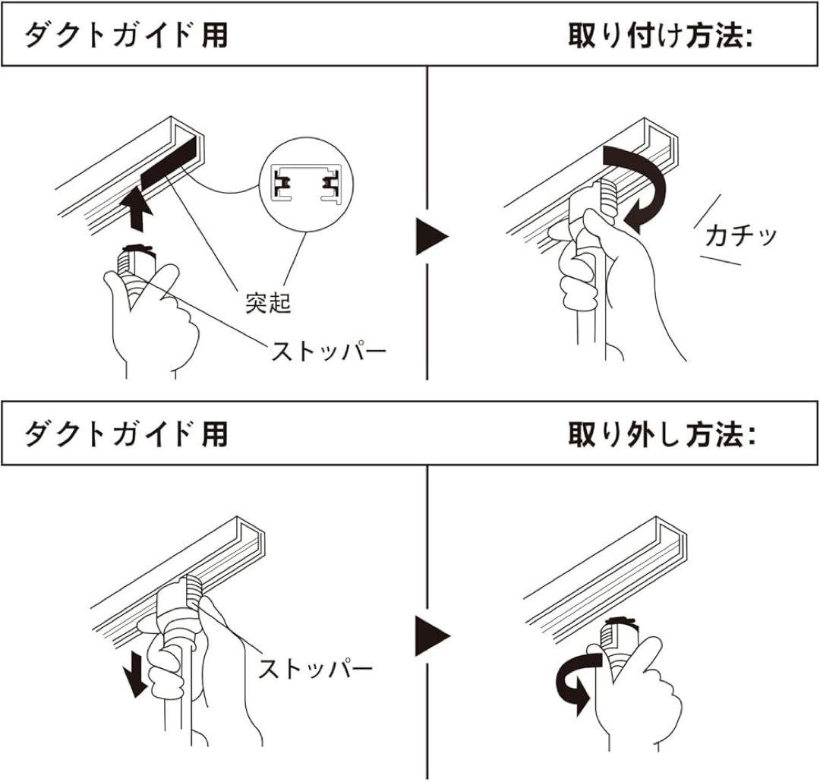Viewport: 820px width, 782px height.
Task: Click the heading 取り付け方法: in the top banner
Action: (x=660, y=36)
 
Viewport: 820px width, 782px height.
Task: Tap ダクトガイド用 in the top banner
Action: (x=125, y=36)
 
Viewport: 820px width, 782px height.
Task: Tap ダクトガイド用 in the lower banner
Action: (x=125, y=434)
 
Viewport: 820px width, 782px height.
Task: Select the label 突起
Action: (x=268, y=302)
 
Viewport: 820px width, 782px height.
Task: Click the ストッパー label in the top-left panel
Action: (x=329, y=351)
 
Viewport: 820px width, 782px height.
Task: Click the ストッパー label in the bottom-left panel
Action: (x=315, y=669)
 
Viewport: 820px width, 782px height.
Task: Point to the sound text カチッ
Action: (x=740, y=236)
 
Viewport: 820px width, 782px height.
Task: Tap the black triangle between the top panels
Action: (x=432, y=237)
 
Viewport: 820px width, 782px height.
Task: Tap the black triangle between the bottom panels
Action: (x=432, y=635)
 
